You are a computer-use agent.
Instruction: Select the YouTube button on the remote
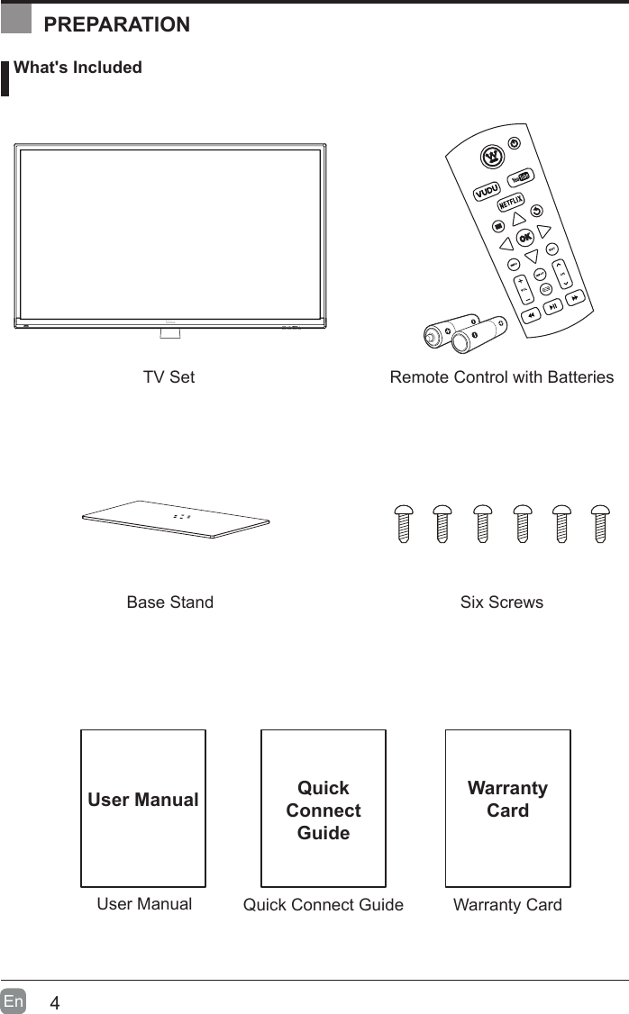[x=518, y=178]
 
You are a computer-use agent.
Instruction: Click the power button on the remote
[x=515, y=144]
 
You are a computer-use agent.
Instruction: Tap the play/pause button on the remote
[x=553, y=307]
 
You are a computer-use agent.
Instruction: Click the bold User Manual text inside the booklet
[x=143, y=800]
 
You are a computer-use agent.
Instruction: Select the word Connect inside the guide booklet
[x=324, y=810]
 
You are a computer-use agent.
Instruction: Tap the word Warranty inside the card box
[x=507, y=788]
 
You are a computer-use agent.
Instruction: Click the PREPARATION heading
[x=117, y=24]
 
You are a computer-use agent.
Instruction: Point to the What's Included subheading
[x=77, y=68]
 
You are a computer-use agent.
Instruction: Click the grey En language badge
[x=14, y=1001]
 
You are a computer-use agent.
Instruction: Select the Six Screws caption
[x=502, y=602]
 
